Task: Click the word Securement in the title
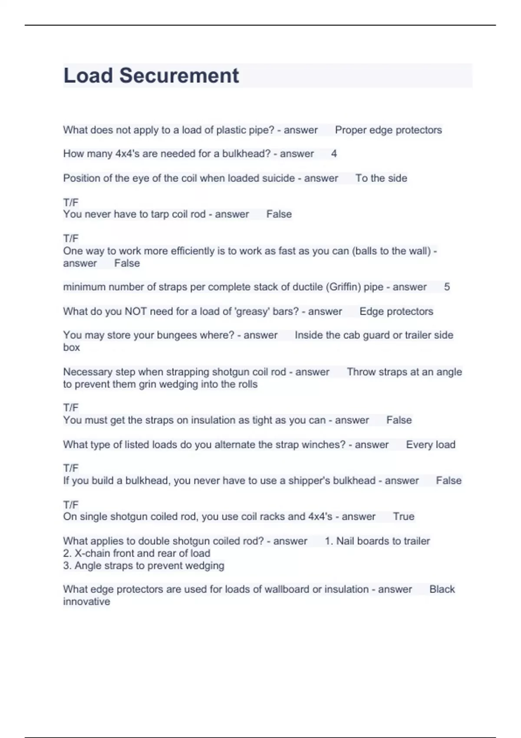point(179,76)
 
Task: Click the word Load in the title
point(88,76)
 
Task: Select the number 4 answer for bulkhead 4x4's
point(334,154)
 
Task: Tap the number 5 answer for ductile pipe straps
point(447,287)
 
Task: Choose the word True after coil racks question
point(403,517)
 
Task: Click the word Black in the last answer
point(442,589)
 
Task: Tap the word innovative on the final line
point(86,602)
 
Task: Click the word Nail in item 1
point(346,541)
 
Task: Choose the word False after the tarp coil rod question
point(279,214)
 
